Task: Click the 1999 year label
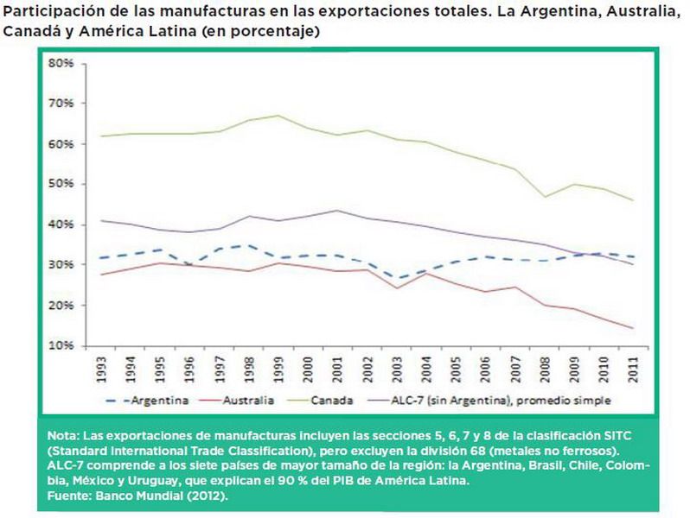pyautogui.click(x=278, y=367)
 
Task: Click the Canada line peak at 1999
pyautogui.click(x=278, y=115)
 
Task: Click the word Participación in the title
pyautogui.click(x=49, y=13)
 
